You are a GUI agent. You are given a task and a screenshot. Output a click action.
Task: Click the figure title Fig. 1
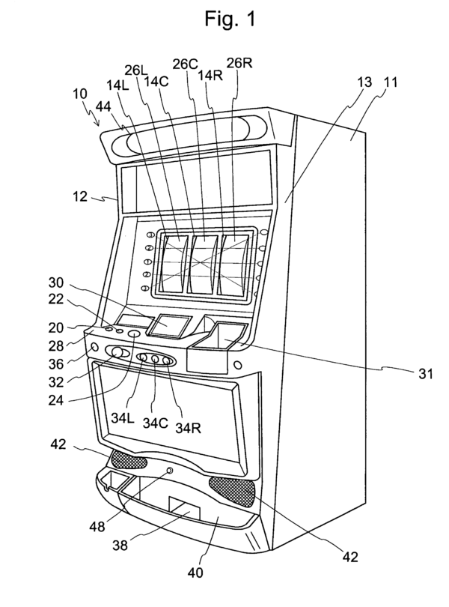(x=224, y=19)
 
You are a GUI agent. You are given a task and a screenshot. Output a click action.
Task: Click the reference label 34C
(x=154, y=422)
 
